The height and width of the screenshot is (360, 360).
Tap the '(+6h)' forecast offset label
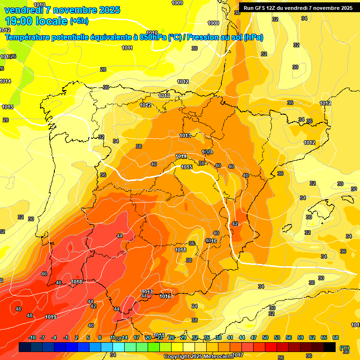click(79, 21)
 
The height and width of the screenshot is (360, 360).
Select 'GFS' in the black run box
click(260, 8)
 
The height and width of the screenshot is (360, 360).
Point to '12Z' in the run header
click(273, 8)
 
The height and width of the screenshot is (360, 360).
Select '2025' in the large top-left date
click(107, 10)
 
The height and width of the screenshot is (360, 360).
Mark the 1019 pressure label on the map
click(51, 317)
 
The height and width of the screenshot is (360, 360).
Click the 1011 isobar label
click(127, 48)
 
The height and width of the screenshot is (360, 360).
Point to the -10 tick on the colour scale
click(32, 337)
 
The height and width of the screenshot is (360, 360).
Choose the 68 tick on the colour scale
click(336, 337)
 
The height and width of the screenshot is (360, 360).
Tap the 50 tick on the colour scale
click(265, 337)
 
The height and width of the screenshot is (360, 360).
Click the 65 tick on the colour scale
click(324, 337)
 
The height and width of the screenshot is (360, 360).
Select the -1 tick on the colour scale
click(66, 337)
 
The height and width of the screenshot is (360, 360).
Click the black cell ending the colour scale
click(330, 347)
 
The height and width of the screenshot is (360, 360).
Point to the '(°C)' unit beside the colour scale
click(345, 348)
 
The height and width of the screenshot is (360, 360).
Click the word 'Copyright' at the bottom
click(177, 357)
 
